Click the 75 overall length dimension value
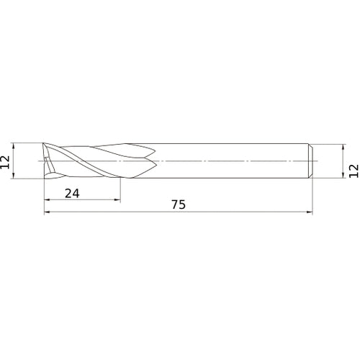[x=179, y=204]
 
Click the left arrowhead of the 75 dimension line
[x=47, y=212]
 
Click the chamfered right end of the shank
[x=310, y=160]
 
